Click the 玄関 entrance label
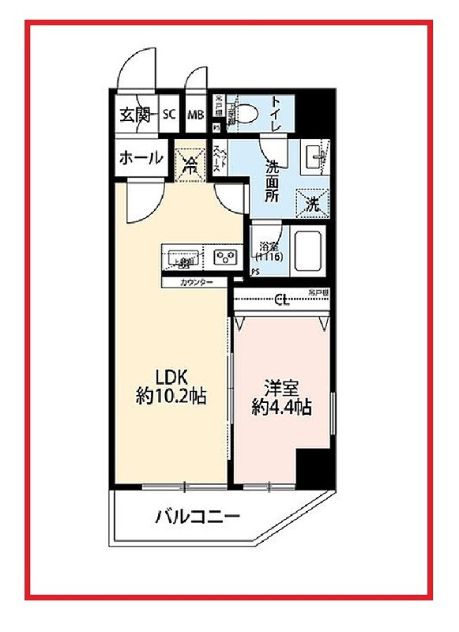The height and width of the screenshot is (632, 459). coord(135,115)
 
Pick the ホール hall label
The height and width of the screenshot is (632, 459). coord(141,158)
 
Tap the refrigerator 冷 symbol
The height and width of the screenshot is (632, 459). coord(190,164)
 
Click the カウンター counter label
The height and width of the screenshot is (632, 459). coord(196,282)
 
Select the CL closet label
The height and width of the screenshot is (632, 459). coord(280,299)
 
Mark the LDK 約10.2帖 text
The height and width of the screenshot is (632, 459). coord(171,387)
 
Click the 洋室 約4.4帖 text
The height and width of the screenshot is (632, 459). coord(280,397)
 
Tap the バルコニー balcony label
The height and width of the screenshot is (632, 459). coord(197,517)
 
